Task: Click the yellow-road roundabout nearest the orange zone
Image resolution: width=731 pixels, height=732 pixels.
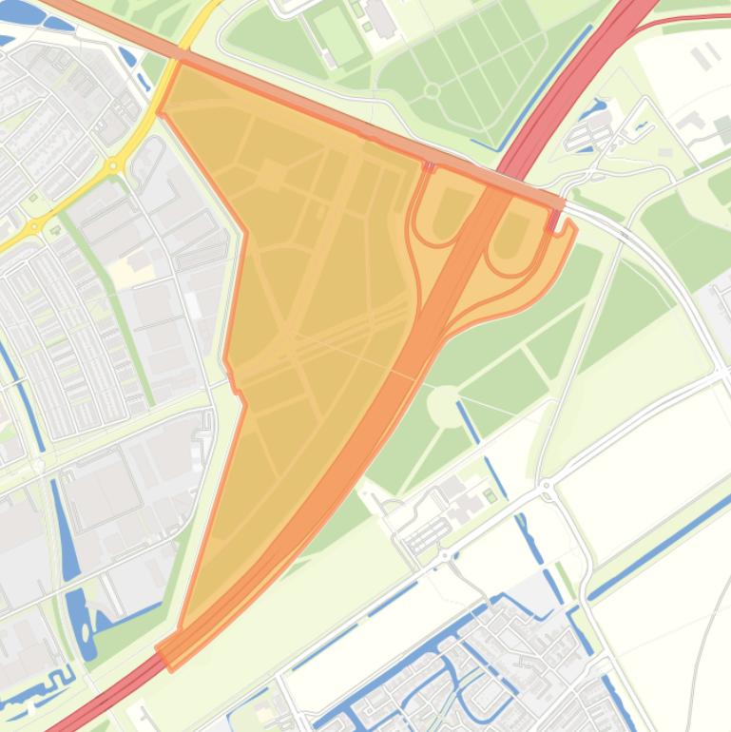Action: coord(114,165)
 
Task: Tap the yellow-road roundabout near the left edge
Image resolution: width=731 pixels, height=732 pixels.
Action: coord(34,226)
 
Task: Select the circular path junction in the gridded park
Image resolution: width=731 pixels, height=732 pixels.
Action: coord(432,90)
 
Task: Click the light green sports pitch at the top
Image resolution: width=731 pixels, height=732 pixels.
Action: coord(338,34)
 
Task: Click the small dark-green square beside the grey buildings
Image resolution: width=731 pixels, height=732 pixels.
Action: coord(491,495)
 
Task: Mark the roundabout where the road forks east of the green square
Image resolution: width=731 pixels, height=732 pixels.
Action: coord(546,487)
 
